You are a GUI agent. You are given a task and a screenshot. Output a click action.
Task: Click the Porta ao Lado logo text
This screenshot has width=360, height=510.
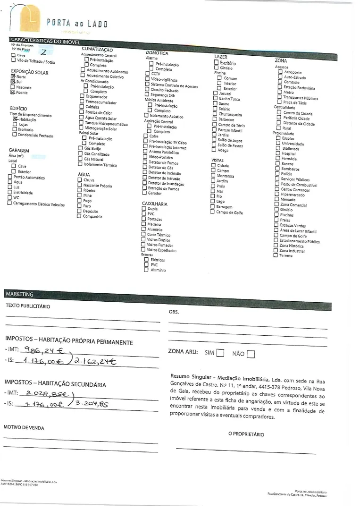pos(77,23)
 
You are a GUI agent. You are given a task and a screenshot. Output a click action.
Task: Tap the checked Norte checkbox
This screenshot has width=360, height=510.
pos(13,76)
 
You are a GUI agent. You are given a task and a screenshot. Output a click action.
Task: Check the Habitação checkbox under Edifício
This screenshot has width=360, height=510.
pos(16,119)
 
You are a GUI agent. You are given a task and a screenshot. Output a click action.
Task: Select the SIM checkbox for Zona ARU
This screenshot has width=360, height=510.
pos(220,353)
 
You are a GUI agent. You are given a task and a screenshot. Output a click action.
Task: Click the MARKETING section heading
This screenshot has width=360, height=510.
pos(20,294)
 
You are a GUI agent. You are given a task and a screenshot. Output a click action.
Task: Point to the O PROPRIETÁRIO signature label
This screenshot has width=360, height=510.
pos(246,434)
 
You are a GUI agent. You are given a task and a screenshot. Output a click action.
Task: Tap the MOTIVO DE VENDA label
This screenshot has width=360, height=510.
pos(24,427)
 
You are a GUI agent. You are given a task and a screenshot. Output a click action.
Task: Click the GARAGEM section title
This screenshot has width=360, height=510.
pos(19,150)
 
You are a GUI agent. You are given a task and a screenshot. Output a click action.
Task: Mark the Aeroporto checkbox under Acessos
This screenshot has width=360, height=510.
pos(280,72)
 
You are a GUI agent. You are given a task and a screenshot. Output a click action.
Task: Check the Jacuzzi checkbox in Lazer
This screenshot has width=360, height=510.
pos(215,93)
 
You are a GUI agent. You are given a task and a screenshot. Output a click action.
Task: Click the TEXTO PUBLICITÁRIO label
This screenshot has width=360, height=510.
pos(28,306)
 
